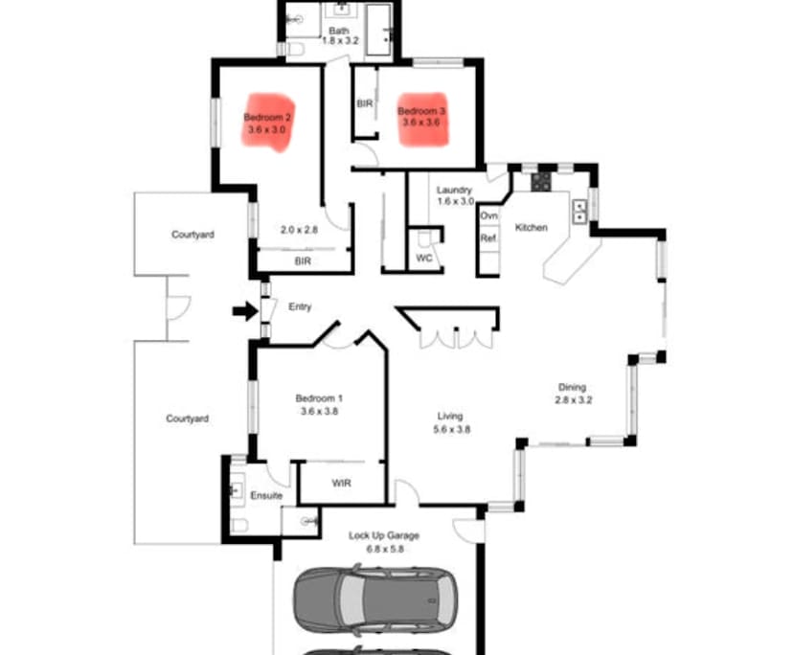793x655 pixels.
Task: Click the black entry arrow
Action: [245, 311]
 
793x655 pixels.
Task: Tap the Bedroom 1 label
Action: [319, 398]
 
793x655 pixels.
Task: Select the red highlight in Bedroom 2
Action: [267, 120]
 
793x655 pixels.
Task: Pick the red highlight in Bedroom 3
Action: [422, 118]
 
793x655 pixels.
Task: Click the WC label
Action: [424, 260]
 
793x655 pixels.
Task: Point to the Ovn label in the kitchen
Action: [488, 216]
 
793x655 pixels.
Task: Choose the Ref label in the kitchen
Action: [488, 237]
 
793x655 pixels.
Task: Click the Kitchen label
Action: [532, 228]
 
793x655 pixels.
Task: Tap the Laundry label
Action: [454, 190]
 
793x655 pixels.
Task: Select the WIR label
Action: [341, 484]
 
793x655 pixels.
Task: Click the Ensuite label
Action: [265, 496]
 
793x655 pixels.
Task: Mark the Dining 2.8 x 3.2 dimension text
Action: [573, 400]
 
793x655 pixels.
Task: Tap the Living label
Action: [450, 417]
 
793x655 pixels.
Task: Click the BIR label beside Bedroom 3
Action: [364, 103]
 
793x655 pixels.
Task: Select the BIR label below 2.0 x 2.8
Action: [303, 260]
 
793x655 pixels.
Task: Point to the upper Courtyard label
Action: [192, 235]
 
